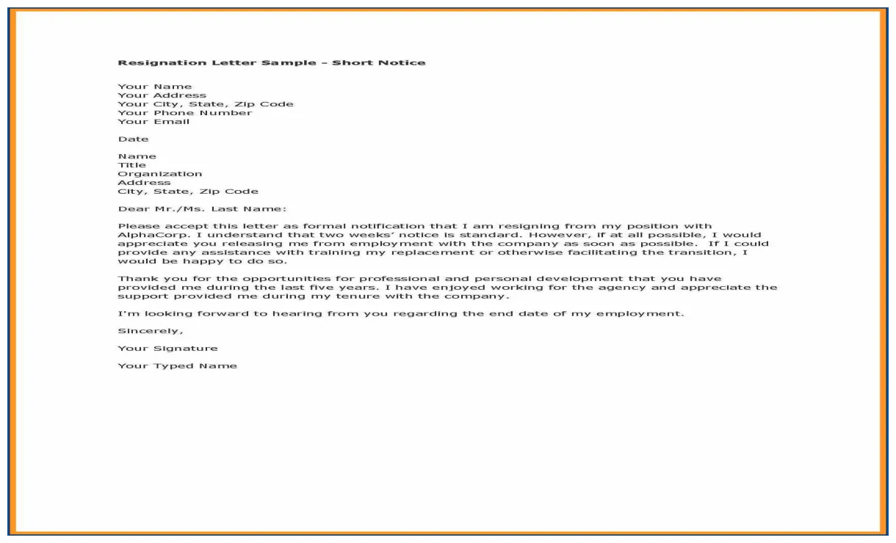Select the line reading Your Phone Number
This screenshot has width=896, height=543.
(184, 113)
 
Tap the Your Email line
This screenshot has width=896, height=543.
(153, 122)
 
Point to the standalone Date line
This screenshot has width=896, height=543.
(133, 139)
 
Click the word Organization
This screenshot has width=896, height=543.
(159, 174)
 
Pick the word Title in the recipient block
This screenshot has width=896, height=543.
(131, 165)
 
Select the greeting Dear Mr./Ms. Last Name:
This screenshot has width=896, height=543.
(202, 209)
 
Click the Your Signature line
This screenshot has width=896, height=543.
(167, 349)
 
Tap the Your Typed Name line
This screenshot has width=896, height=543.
(177, 366)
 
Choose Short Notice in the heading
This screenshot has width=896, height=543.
(378, 63)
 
